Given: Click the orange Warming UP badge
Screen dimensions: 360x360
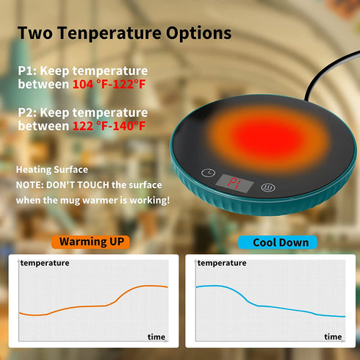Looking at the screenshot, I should coord(90,241).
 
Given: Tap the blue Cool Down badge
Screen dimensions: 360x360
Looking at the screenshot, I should coord(278,242).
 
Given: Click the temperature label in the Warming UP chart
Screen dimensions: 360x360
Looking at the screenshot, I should coord(45,262).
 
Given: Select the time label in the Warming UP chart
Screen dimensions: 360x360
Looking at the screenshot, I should coord(156,336).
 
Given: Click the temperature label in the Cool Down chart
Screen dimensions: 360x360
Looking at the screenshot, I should coord(222,262).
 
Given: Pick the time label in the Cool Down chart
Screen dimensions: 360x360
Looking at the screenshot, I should coord(333,336).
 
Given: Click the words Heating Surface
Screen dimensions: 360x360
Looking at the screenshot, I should coord(52,170).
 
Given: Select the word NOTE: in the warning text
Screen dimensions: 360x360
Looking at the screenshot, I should coord(31,185).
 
